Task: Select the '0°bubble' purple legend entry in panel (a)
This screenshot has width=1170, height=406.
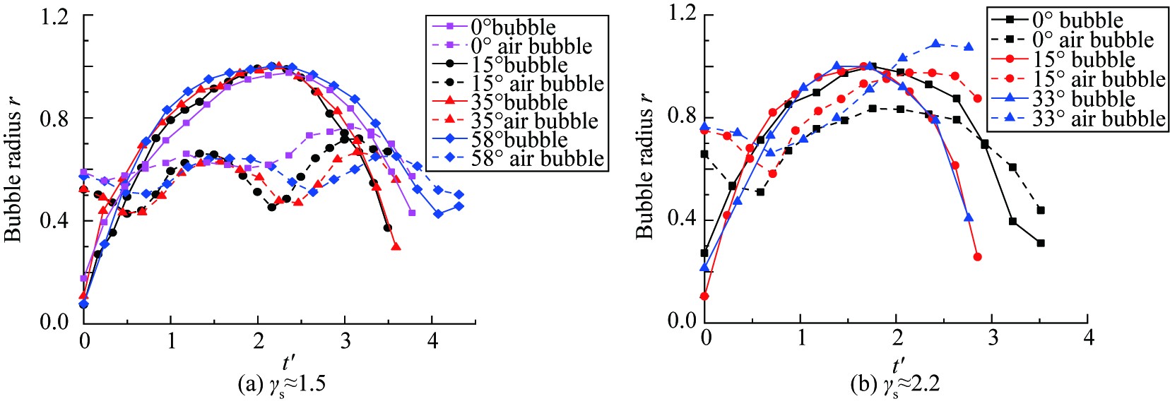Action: [495, 28]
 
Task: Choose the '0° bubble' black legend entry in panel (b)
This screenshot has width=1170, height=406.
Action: [1064, 20]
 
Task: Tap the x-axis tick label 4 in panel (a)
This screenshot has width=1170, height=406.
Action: [433, 342]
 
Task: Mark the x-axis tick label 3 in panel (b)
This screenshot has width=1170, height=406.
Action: [993, 338]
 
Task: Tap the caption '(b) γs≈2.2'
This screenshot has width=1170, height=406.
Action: [898, 384]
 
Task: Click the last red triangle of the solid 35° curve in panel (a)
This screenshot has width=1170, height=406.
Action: [396, 247]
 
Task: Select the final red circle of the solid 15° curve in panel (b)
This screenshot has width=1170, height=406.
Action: [978, 257]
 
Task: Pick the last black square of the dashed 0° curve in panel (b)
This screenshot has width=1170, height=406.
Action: [1041, 210]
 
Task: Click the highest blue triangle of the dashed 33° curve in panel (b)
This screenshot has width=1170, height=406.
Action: [936, 44]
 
